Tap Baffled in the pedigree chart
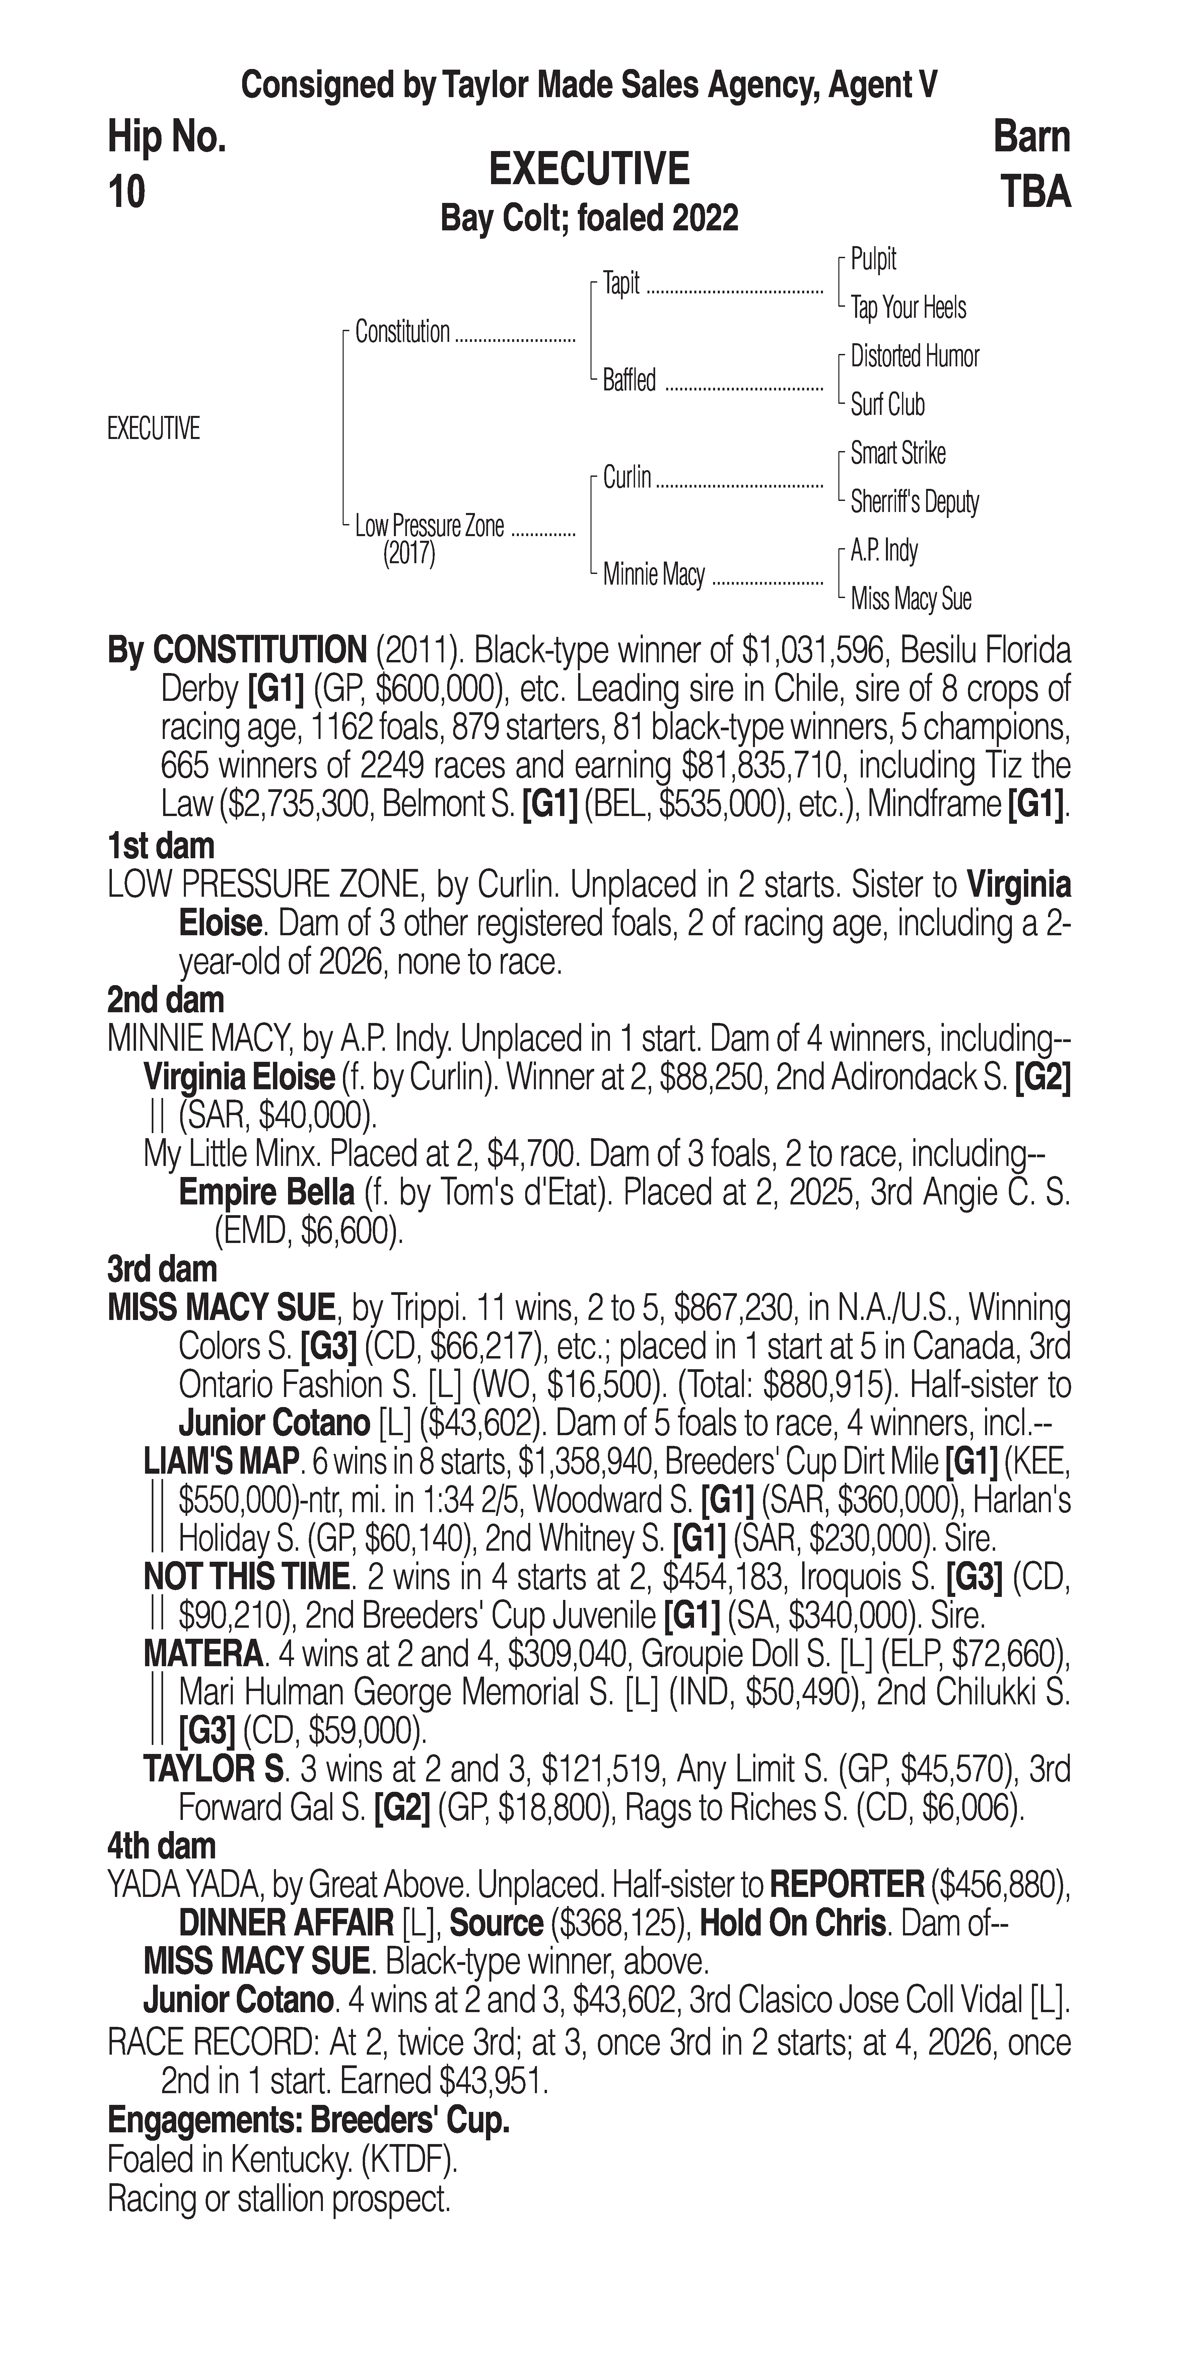coord(629,380)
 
